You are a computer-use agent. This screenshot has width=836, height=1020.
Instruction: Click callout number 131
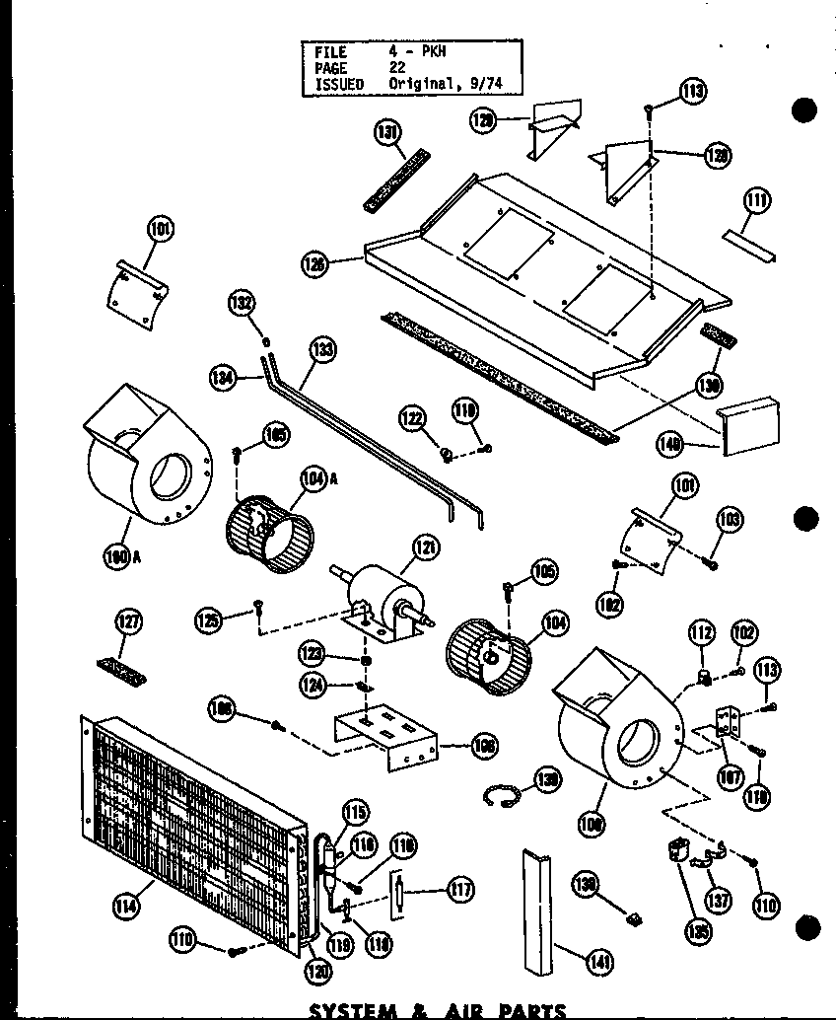(386, 132)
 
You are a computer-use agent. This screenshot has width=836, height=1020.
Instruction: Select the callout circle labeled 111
(756, 202)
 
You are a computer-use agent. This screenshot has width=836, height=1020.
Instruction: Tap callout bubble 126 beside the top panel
(314, 263)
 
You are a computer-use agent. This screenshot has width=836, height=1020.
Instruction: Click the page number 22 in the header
(398, 67)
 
